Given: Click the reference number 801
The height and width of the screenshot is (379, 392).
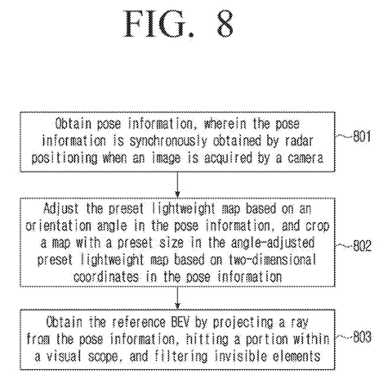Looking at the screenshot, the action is pos(362,136).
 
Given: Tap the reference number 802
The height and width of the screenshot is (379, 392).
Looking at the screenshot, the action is pos(362,246).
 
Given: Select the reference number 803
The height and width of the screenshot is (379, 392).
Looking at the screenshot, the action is pos(362,337).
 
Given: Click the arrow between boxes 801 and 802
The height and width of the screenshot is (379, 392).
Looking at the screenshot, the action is pos(177,185).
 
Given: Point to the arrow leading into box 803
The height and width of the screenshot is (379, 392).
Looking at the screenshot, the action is pos(177,297).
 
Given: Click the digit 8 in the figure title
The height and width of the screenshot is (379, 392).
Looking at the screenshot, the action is pos(225,24).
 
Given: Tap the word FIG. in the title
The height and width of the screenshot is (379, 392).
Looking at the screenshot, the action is pos(159,24).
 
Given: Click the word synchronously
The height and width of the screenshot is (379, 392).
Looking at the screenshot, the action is pos(167,141).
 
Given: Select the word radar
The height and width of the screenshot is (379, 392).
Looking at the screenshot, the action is pos(299,140).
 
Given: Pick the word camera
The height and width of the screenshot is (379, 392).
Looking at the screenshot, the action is pos(305,158).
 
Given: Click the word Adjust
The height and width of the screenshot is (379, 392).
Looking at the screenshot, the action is pos(61,209).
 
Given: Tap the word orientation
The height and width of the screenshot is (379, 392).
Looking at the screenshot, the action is pos(58,225).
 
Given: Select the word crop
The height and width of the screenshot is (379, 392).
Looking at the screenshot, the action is pos(318,226).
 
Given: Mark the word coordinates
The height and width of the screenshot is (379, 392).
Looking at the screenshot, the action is pos(106,277).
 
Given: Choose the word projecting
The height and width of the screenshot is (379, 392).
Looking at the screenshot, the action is pos(243,323).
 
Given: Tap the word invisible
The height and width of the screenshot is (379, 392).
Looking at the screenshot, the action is pos(241,356).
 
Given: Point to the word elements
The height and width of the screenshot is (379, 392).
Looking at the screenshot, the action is pos(296,356).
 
